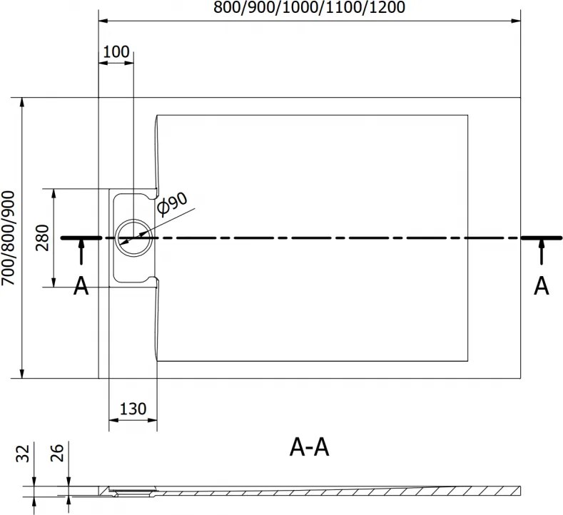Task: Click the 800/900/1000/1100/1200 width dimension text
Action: click(309, 7)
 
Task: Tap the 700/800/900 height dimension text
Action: click(8, 238)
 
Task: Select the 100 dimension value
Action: click(116, 51)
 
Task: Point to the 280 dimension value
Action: click(42, 238)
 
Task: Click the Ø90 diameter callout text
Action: click(173, 204)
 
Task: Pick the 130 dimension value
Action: click(133, 409)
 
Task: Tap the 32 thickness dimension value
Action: click(23, 454)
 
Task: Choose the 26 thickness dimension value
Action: click(57, 453)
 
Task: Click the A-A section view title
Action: click(309, 447)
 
